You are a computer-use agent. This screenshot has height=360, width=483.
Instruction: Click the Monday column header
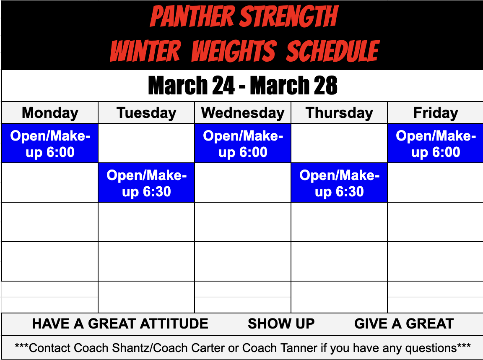[50, 113]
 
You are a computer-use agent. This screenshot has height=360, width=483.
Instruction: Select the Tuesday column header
[146, 113]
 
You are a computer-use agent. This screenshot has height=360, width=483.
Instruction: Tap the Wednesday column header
[243, 113]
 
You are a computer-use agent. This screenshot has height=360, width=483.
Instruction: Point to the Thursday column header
[339, 113]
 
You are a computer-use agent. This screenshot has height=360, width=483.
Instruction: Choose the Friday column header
[436, 113]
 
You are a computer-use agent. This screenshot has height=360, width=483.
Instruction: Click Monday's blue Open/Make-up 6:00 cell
[50, 143]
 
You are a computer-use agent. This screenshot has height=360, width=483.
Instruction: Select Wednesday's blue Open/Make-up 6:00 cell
[243, 143]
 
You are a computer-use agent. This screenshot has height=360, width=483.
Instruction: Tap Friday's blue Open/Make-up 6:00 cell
[436, 143]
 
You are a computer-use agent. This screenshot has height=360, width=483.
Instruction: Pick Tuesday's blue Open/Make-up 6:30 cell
[146, 183]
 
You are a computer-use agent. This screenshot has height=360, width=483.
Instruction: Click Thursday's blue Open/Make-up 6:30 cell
[339, 183]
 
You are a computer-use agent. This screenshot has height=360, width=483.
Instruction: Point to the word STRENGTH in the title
[289, 17]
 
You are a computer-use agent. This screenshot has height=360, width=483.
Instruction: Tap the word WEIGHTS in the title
[234, 51]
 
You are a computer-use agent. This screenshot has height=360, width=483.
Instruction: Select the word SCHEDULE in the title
[333, 51]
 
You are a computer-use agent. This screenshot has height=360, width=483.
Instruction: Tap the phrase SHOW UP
[281, 323]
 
